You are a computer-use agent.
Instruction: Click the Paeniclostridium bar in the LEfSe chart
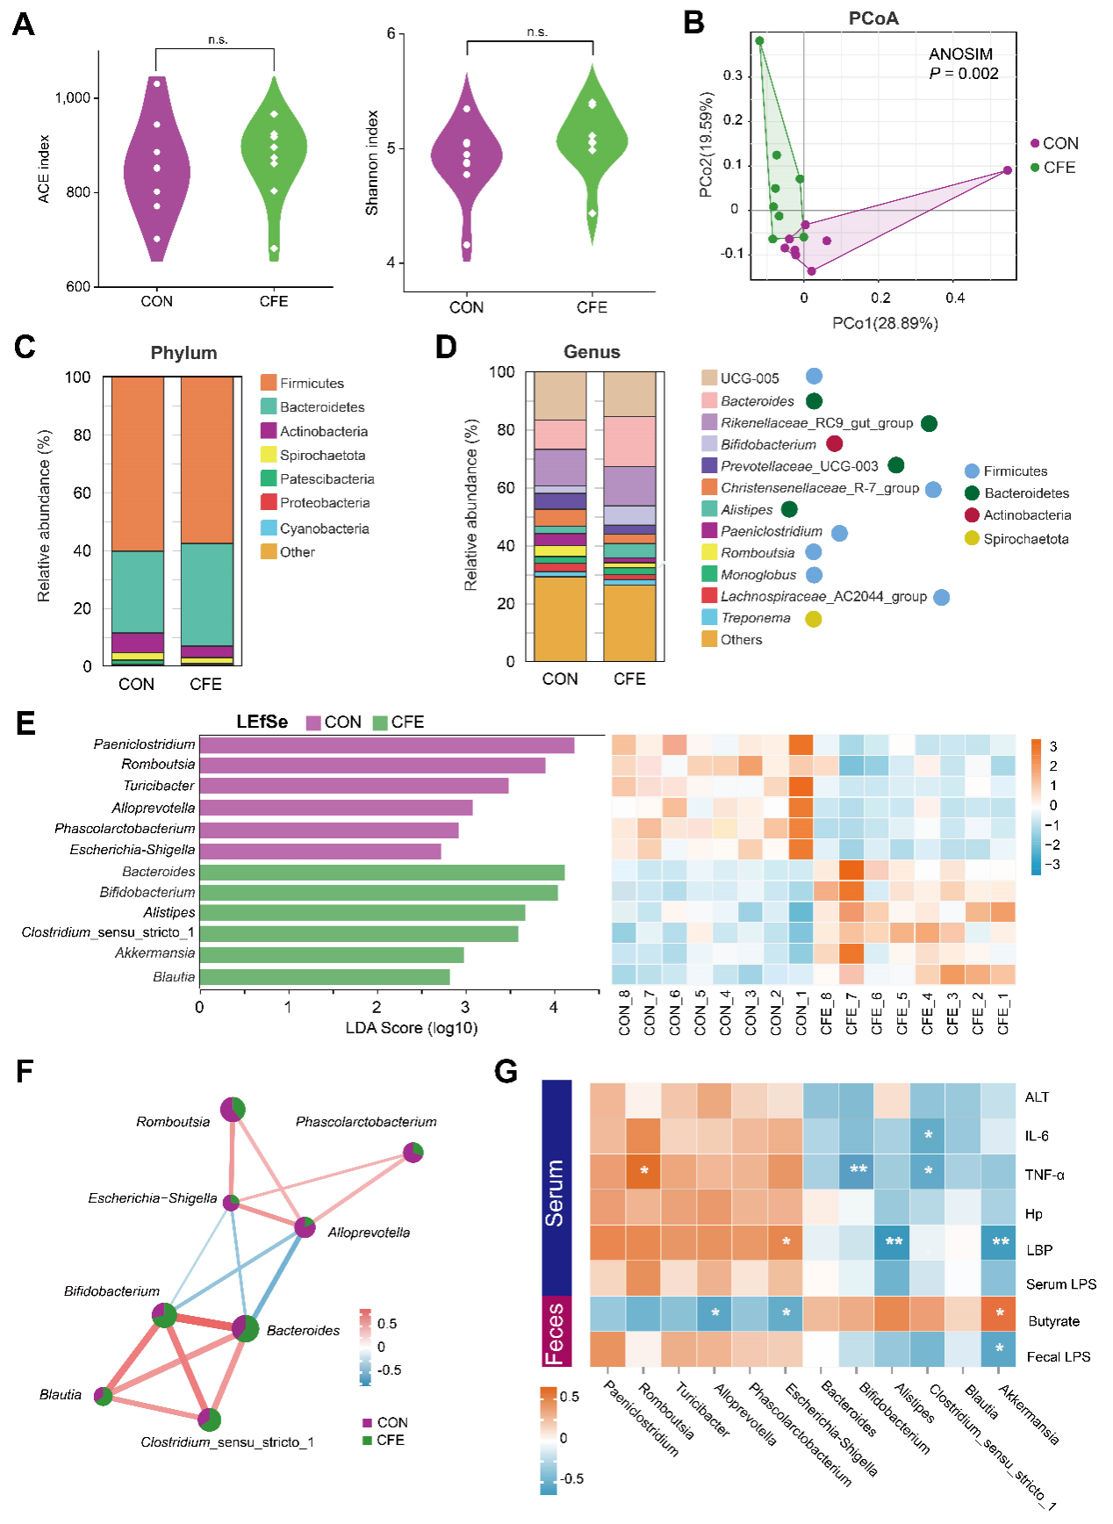(386, 744)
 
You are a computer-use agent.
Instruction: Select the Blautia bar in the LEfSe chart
(324, 976)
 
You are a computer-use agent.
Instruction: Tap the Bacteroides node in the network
(246, 1329)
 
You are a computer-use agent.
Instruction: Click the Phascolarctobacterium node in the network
(413, 1152)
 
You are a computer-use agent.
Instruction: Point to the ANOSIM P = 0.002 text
(963, 64)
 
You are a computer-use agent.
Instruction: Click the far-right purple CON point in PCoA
(1008, 170)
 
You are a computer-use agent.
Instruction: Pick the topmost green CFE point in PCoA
(760, 41)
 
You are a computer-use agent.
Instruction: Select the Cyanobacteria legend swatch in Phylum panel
(269, 528)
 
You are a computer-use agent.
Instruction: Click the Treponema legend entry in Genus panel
(755, 618)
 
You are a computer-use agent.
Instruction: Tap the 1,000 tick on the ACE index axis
(73, 97)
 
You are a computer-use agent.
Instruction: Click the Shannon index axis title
(372, 162)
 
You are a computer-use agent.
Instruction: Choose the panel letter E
(25, 723)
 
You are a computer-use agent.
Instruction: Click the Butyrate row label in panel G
(1053, 1321)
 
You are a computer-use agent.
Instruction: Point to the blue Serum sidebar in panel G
(556, 1188)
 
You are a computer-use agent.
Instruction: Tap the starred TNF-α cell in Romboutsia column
(643, 1172)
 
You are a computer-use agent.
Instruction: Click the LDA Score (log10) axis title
(411, 1028)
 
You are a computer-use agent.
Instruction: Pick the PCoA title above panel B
(872, 18)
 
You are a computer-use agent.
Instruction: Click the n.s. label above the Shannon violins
(536, 32)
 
